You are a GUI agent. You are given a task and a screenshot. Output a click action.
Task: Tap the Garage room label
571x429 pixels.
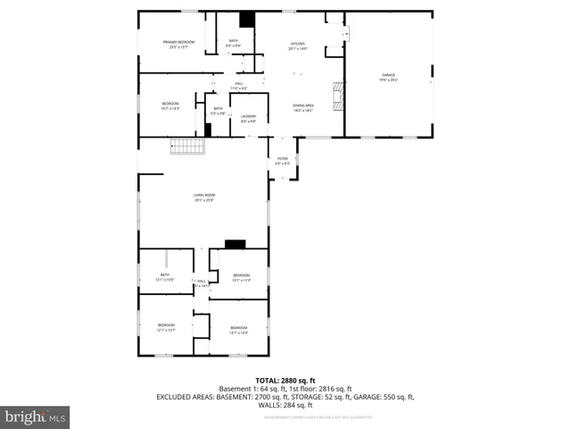[x=389, y=78]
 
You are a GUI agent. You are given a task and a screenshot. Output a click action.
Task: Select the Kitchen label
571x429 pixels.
[x=297, y=46]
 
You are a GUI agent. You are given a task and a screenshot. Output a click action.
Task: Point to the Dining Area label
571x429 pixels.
[x=303, y=107]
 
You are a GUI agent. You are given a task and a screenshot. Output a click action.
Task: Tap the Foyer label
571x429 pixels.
[x=282, y=161]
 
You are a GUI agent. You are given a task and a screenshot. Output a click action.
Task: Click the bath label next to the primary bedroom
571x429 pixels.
[x=234, y=43]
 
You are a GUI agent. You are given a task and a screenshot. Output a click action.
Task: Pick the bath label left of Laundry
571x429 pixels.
[x=218, y=111]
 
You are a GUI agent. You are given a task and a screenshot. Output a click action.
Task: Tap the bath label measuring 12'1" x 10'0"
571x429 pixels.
[x=165, y=277]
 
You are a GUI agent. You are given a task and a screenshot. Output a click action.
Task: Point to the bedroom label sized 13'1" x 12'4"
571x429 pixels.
[x=237, y=331]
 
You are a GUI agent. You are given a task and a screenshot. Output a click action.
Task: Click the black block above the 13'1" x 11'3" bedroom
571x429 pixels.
[x=236, y=244]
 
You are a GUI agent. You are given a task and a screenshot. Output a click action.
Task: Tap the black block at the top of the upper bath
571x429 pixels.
[x=247, y=20]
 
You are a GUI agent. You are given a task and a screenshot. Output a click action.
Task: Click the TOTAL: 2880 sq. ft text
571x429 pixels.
[x=285, y=380]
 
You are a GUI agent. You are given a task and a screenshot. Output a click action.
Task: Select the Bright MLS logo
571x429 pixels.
[x=36, y=416]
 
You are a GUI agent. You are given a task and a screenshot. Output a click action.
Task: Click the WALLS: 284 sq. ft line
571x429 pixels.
[x=285, y=404]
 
